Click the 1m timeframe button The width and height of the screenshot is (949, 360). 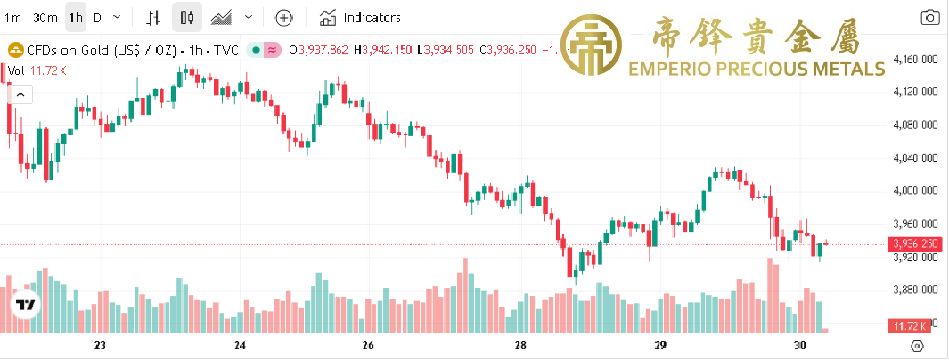pos(12,17)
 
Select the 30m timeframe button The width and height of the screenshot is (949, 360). pos(45,17)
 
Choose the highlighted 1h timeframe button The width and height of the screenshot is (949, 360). pos(76,17)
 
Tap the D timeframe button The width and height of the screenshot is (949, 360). pos(97,17)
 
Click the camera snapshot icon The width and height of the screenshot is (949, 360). pos(929,17)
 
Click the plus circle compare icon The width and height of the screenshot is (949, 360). pos(283,17)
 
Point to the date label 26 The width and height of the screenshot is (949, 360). pos(368,346)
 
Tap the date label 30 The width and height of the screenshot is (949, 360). pos(799,346)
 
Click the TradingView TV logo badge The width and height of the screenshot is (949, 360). pos(27,306)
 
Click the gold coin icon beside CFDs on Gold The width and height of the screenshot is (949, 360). pos(14,50)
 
